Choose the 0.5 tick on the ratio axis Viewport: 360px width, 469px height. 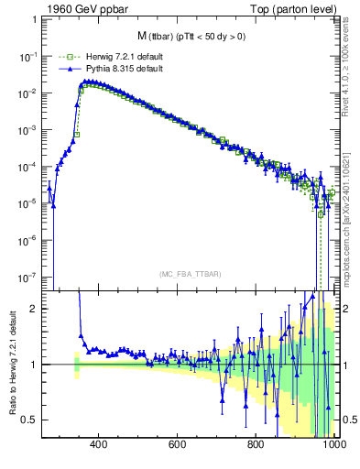tap(30, 420)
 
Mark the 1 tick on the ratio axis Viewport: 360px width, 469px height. tap(34, 365)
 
